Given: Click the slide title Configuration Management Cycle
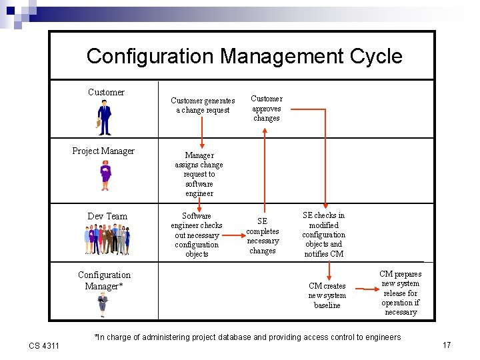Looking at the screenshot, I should [x=244, y=56].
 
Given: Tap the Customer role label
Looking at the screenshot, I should [x=106, y=92].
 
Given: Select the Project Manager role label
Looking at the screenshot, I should [x=103, y=151].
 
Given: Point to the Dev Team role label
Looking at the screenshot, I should [x=107, y=216].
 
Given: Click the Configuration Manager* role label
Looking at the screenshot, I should [x=104, y=280].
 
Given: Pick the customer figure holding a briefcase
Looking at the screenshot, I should [x=104, y=117].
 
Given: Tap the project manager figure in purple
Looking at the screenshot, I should [x=105, y=176].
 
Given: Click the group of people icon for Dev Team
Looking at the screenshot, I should [x=107, y=240].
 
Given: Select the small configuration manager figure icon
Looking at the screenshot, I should [x=103, y=303].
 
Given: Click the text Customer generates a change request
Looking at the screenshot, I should [x=203, y=105].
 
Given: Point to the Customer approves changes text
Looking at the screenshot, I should [x=266, y=108].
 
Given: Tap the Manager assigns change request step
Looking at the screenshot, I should [x=199, y=174].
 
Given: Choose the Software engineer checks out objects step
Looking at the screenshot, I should [x=197, y=235].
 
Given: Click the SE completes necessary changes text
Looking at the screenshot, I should [x=263, y=236].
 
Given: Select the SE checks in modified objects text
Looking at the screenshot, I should [x=324, y=235].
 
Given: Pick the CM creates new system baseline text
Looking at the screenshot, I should [x=327, y=295].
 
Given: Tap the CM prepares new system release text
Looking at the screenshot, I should [x=400, y=293].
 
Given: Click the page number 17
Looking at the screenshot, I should [x=447, y=345].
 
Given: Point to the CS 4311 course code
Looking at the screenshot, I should [x=44, y=345].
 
